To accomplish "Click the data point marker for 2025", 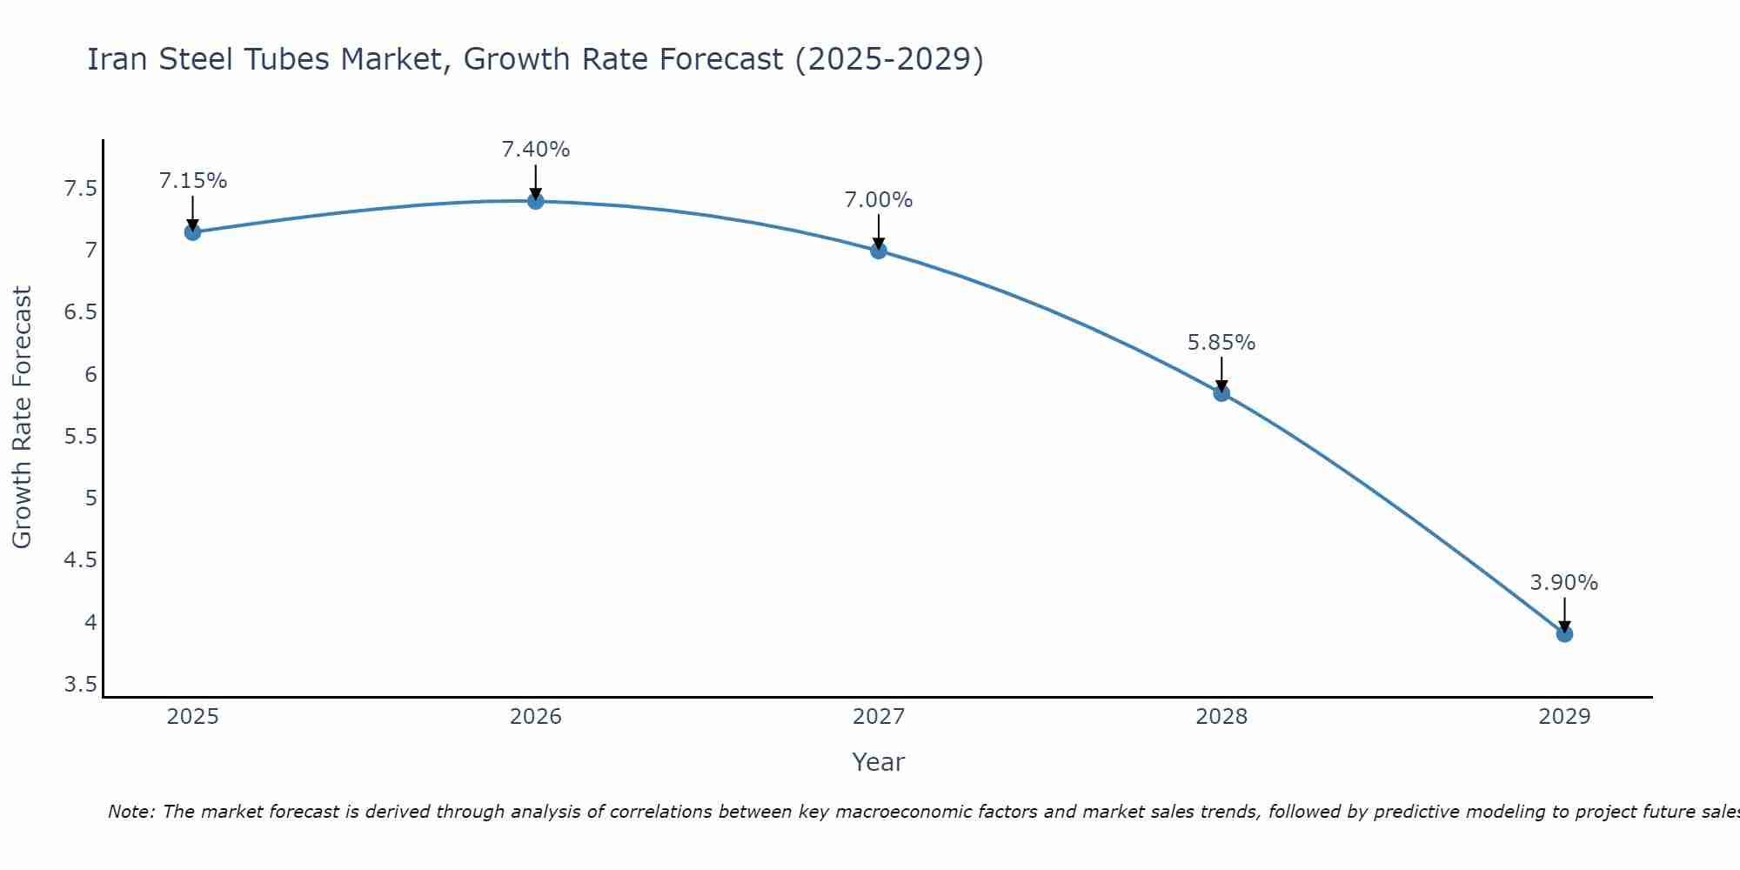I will (x=193, y=232).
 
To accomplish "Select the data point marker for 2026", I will (x=536, y=201).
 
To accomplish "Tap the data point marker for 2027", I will (x=879, y=251).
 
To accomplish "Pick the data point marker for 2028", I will (x=1221, y=393).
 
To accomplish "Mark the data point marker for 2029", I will (x=1564, y=634).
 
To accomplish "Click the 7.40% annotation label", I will (x=536, y=150).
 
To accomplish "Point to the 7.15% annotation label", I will (x=193, y=181).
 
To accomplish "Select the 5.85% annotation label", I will (x=1221, y=343).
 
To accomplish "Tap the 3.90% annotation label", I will (x=1564, y=583).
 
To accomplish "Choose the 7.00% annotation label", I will (x=879, y=200).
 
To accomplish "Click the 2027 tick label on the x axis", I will (x=879, y=717).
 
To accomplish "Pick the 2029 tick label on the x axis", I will (x=1564, y=717).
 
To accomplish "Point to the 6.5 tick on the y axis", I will (x=81, y=312).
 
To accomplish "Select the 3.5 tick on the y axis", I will (x=81, y=685).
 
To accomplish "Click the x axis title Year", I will (x=879, y=762).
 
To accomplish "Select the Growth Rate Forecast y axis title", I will (x=23, y=418).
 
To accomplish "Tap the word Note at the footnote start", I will (x=131, y=812).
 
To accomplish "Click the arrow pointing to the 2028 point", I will (x=1221, y=374).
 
